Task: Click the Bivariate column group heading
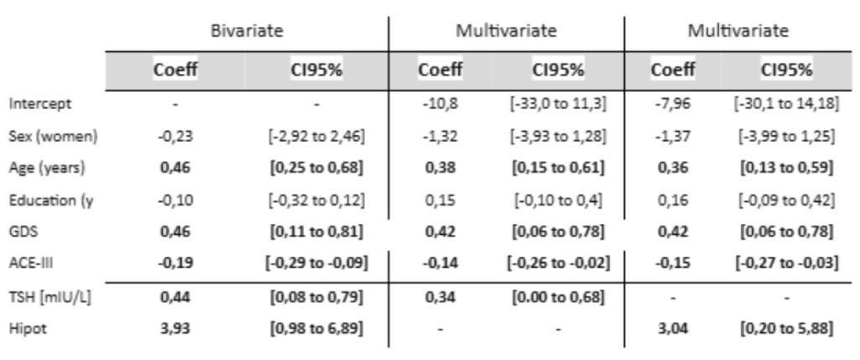[248, 31]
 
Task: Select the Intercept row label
[39, 104]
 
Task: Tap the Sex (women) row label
[53, 136]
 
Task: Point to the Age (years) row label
[47, 168]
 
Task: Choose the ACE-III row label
[28, 263]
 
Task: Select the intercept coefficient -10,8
[440, 104]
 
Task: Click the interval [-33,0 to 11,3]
[557, 104]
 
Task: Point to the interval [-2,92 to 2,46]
[316, 136]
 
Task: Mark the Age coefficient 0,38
[440, 168]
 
